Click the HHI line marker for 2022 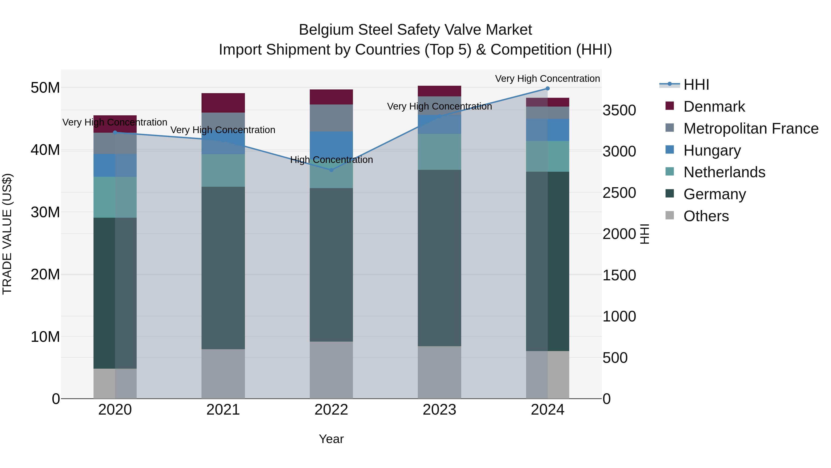click(x=331, y=170)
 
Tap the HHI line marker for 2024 click(x=548, y=89)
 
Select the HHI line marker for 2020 click(x=115, y=132)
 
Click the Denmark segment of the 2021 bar click(x=223, y=103)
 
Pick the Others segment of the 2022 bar click(x=331, y=370)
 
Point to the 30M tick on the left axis click(x=45, y=212)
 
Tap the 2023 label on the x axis click(x=439, y=410)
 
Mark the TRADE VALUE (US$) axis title click(x=7, y=234)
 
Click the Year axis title click(x=331, y=439)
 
